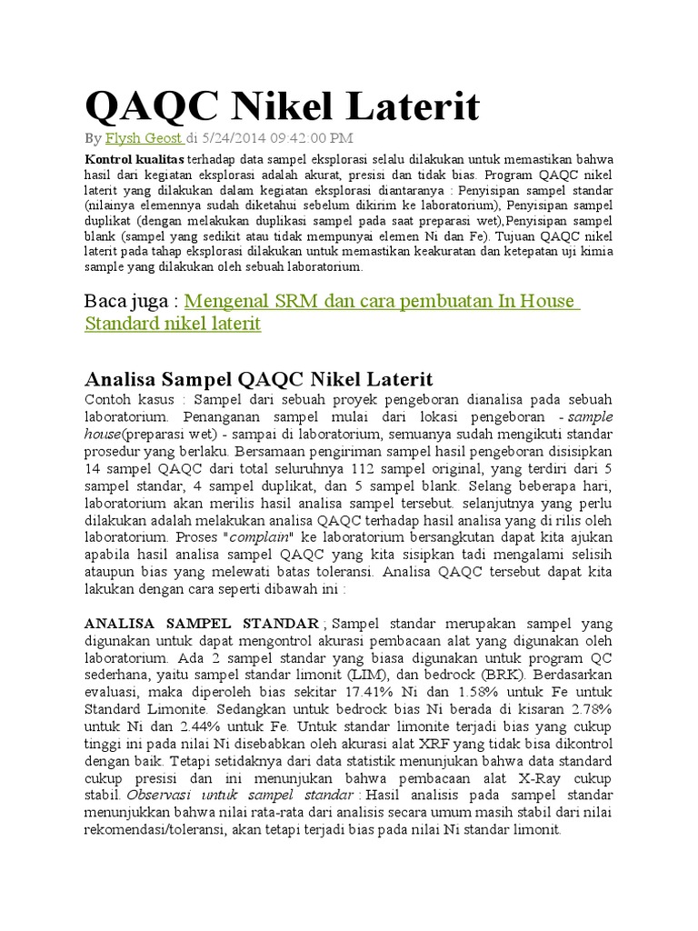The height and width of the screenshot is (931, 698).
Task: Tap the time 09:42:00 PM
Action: coord(314,138)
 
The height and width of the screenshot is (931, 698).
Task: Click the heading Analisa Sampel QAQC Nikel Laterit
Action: coord(258,378)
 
